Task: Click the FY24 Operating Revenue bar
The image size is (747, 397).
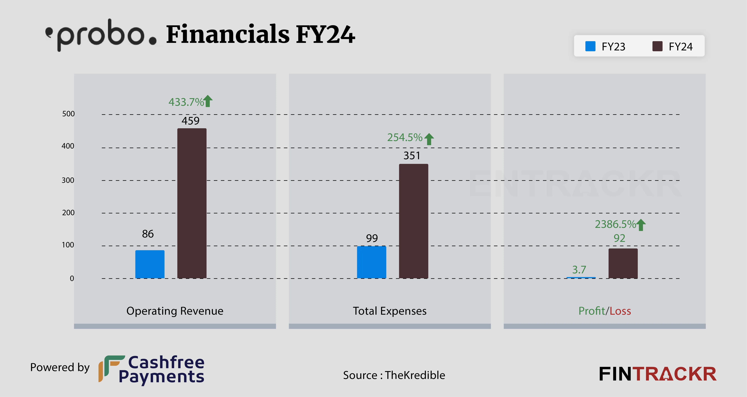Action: click(192, 203)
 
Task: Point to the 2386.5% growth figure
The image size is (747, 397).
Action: click(615, 224)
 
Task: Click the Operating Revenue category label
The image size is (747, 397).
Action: click(175, 311)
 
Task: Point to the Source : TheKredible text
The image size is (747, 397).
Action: click(394, 375)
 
